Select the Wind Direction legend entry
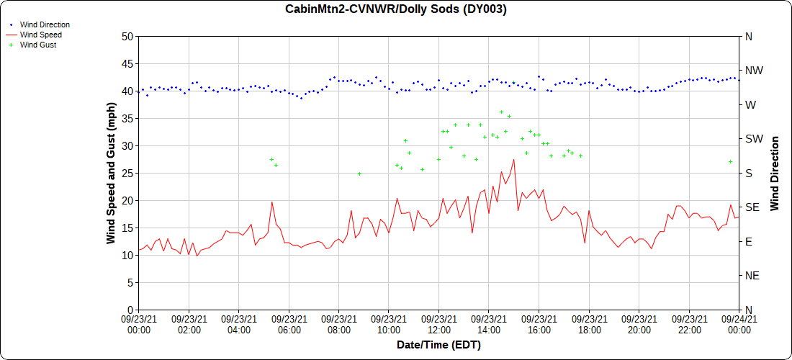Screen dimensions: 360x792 (45, 24)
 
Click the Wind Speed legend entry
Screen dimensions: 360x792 (40, 35)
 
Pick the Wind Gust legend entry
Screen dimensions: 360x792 (38, 45)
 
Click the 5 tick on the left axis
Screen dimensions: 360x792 (130, 282)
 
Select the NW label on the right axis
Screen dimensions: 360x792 (753, 71)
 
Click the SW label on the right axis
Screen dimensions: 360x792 (753, 139)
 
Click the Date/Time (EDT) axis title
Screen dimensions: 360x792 (438, 345)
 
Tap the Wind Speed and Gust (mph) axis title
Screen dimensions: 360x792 (111, 173)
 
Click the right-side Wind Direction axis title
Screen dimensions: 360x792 (775, 173)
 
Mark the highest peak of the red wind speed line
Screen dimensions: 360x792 (513, 160)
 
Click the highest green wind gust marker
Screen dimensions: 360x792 (501, 112)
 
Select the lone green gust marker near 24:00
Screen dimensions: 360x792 (730, 162)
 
